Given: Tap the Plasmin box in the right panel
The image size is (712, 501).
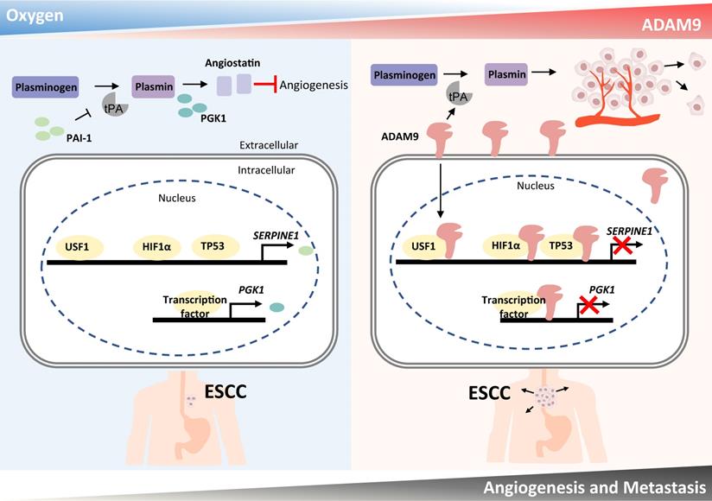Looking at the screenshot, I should tap(506, 74).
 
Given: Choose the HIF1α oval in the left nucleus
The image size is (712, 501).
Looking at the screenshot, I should tap(156, 246).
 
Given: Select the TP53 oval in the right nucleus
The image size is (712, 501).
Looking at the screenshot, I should tap(565, 245).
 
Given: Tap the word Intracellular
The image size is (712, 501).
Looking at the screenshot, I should tap(266, 170).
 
